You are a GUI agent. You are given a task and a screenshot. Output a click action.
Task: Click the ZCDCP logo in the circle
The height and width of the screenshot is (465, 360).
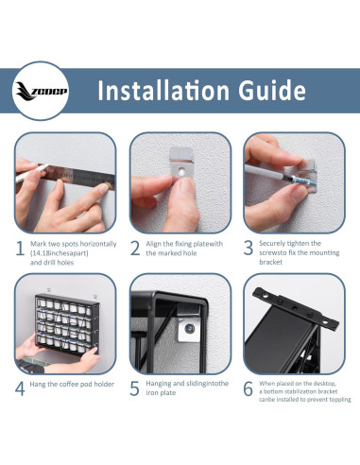point(42,91)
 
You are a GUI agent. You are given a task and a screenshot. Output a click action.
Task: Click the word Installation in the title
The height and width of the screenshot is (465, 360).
point(163,91)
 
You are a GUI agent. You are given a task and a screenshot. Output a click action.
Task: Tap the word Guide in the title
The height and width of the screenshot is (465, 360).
point(272,91)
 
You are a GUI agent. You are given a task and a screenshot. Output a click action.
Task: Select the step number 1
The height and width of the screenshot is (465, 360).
point(20,249)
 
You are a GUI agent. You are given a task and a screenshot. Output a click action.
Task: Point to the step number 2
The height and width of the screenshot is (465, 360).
point(135,249)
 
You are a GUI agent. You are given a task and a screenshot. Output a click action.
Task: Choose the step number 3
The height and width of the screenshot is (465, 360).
point(249,248)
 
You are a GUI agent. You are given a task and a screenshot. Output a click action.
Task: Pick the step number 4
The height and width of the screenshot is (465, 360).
point(20,388)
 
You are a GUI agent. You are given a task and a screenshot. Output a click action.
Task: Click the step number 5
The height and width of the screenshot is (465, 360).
point(134,388)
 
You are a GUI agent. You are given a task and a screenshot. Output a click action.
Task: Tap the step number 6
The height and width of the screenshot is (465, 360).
point(249,388)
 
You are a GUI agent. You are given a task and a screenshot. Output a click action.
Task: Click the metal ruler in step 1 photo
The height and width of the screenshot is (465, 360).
point(78,177)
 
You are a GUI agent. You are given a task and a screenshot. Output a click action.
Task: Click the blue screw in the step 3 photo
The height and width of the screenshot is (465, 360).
point(300,181)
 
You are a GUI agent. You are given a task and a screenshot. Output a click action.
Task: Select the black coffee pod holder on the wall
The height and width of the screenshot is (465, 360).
point(67,324)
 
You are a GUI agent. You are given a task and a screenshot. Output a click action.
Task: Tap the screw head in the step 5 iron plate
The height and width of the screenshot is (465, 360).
point(189,329)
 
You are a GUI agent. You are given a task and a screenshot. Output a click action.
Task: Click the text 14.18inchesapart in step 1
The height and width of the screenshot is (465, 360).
point(60,253)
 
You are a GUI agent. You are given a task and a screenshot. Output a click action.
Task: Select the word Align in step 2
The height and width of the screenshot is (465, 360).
point(153,244)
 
